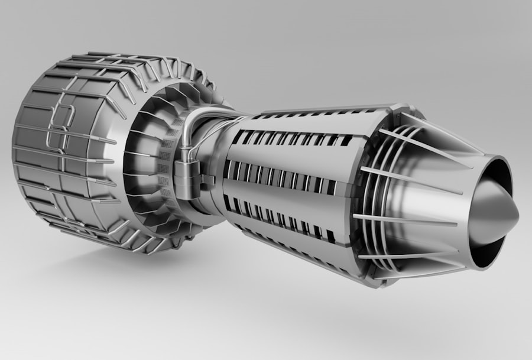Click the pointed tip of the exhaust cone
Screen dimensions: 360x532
[518, 218]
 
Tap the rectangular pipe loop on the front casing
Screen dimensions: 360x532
[60, 128]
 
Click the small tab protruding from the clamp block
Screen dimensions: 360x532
[209, 178]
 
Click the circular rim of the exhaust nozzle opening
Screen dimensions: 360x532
[507, 171]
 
